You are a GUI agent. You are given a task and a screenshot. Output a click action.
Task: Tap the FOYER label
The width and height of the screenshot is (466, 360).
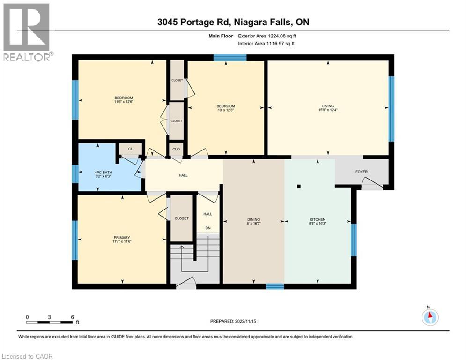[362, 172]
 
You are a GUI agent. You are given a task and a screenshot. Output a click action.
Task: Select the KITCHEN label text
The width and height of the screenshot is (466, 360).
[317, 219]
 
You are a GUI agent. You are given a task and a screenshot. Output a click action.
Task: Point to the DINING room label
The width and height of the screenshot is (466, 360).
[253, 219]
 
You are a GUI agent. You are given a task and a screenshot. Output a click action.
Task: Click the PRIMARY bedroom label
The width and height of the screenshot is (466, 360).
[121, 238]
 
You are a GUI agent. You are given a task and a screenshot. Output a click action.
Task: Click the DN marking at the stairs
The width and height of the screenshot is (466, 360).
[207, 228]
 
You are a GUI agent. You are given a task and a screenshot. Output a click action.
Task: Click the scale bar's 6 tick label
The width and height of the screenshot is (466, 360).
[73, 317]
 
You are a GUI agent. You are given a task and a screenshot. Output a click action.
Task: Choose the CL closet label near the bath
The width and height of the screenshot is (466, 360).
[130, 150]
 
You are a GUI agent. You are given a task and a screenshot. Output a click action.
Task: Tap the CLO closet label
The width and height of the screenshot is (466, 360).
[176, 150]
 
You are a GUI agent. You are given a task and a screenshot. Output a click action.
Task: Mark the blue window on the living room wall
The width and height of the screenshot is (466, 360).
[392, 109]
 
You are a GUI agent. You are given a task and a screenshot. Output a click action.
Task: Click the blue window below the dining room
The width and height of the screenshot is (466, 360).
[275, 286]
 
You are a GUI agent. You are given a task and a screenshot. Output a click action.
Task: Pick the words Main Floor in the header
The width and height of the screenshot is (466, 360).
[222, 35]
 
